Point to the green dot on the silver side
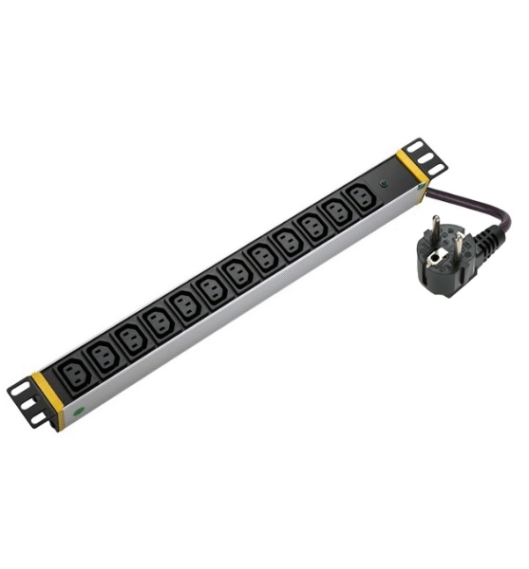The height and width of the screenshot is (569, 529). (x=81, y=413)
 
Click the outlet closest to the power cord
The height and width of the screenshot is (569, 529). (x=357, y=198)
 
